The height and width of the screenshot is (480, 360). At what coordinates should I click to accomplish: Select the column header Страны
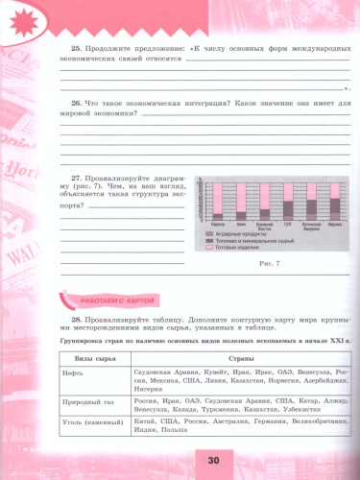[x=240, y=359]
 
